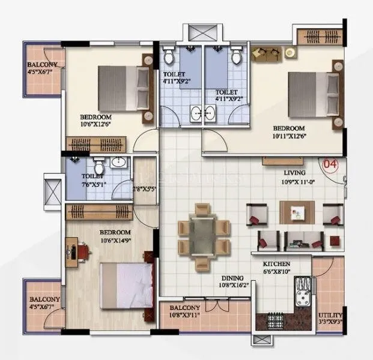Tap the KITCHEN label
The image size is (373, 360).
(x=276, y=263)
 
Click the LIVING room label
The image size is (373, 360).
(x=295, y=173)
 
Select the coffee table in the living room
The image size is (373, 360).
(x=297, y=211)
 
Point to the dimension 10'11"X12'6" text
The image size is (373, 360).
(x=288, y=137)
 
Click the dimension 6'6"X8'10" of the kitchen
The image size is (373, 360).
(x=277, y=271)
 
